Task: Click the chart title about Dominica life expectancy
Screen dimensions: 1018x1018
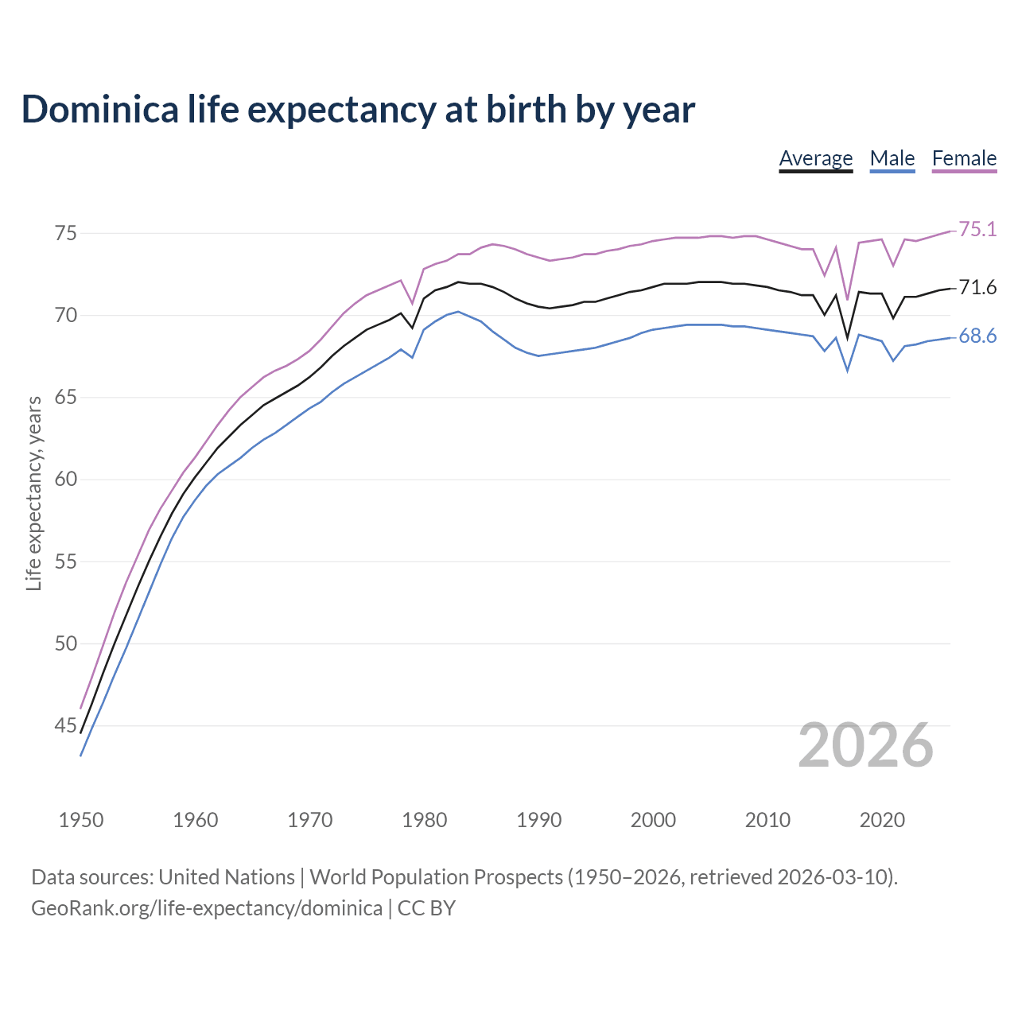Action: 358,109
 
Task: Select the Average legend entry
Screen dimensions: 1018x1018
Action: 815,158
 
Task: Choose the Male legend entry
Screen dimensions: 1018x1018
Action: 892,158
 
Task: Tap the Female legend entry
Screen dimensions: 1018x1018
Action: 964,158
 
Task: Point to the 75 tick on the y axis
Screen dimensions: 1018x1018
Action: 66,234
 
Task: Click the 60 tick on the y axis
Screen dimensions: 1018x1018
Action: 66,480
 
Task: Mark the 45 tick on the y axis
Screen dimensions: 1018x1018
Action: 66,725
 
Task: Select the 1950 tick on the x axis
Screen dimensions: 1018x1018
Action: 81,820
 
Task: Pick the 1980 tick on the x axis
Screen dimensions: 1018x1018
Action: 424,820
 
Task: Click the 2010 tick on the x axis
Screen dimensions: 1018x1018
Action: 767,820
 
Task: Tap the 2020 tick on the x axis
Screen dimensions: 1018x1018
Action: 882,820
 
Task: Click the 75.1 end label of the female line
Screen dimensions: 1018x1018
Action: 977,230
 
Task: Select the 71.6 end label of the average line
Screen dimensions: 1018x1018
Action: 977,288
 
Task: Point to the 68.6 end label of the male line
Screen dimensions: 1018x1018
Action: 977,336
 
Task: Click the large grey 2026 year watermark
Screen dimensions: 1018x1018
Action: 865,745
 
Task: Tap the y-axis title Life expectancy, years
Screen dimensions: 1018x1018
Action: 33,494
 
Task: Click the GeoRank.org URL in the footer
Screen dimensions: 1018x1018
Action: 207,908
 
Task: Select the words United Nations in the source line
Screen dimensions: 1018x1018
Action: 227,877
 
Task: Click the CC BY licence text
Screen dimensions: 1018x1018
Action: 426,908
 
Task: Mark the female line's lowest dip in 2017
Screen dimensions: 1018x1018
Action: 848,300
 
